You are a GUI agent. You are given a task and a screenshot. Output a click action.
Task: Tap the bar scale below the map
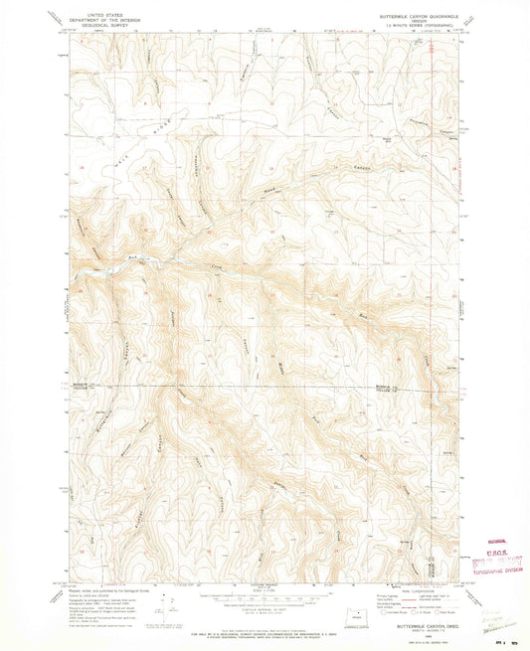263,599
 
